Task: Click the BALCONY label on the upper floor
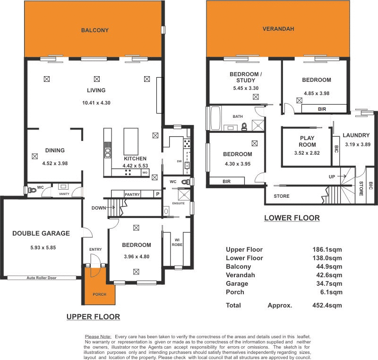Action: coord(94,30)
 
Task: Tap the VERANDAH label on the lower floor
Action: coord(278,29)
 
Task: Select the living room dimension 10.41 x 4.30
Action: coord(96,103)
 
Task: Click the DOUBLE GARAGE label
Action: coord(41,233)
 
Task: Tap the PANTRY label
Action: coord(132,194)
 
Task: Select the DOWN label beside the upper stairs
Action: coord(99,208)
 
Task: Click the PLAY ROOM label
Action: coord(307,142)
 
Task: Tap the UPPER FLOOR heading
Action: coord(93,316)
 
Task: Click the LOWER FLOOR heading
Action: coord(292,218)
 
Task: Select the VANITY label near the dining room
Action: coord(64,194)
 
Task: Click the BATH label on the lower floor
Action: coord(237,116)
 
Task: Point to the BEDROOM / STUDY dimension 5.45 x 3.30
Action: coord(245,88)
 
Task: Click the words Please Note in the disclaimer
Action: coord(98,336)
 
